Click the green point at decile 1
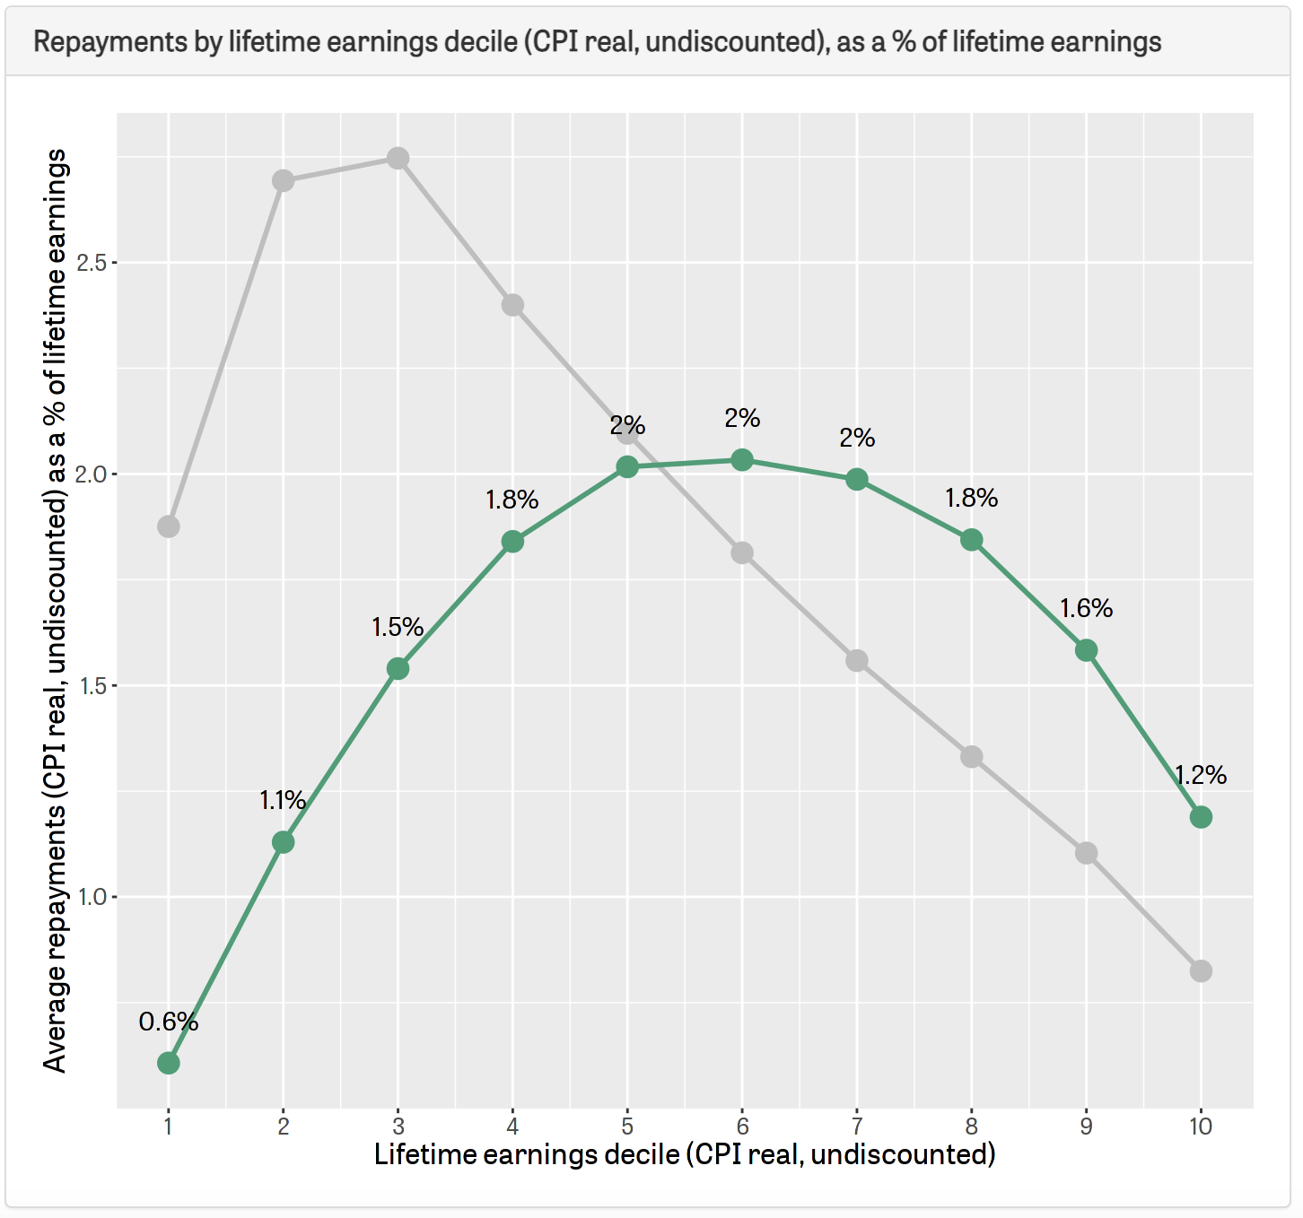(x=169, y=1063)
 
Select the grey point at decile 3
(x=398, y=159)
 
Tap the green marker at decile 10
(x=1201, y=817)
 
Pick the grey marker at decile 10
(x=1201, y=971)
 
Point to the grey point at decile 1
(x=169, y=526)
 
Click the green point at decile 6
(x=742, y=460)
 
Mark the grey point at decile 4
(x=512, y=306)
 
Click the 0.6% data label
(x=169, y=1022)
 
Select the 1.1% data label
(x=283, y=800)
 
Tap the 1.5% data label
(x=398, y=627)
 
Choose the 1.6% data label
(x=1086, y=609)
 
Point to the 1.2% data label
(x=1201, y=775)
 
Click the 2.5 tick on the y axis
(x=92, y=263)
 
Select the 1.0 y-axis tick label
(x=92, y=897)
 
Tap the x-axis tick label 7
(x=857, y=1127)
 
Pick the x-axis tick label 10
(x=1201, y=1127)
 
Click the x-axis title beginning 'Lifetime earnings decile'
(x=685, y=1154)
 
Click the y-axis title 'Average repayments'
(x=56, y=610)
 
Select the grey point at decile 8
(x=971, y=757)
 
